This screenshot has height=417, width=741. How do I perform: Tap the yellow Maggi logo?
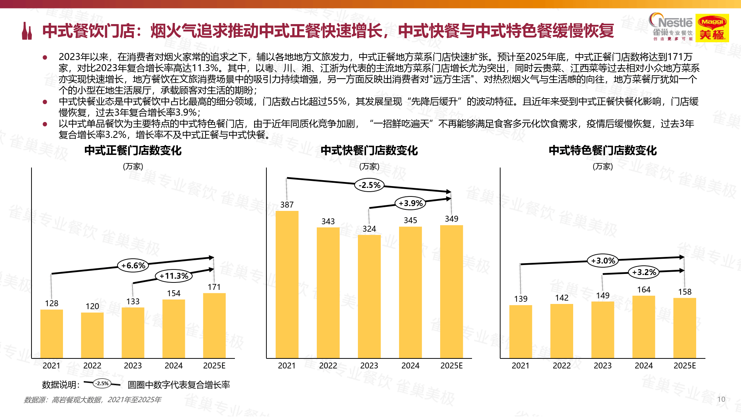pos(712,28)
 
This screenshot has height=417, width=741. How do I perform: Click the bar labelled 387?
pos(287,284)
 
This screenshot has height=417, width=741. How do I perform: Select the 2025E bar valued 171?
pos(214,325)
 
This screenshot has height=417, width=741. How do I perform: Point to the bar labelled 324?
pos(369,296)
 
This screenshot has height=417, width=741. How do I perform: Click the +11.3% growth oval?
pos(174,276)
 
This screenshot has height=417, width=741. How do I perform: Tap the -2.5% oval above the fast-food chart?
pos(369,185)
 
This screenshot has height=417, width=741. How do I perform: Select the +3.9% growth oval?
pos(411,203)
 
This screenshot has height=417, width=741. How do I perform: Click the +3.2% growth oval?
pos(644,272)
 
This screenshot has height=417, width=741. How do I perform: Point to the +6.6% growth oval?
pos(133,265)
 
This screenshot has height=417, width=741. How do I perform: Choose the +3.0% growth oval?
pos(603,261)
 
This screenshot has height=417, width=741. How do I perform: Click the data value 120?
pos(92,306)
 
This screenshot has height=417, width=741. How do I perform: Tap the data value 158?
pos(685,292)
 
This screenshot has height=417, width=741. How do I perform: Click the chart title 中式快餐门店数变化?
pos(369,150)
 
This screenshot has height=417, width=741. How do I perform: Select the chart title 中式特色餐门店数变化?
pos(602,150)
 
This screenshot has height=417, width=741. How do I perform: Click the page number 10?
pos(721,399)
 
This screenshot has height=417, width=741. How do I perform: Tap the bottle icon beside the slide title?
pos(27,31)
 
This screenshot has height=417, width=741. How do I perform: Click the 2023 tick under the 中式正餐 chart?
pos(133,365)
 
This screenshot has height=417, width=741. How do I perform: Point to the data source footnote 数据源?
pos(93,400)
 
